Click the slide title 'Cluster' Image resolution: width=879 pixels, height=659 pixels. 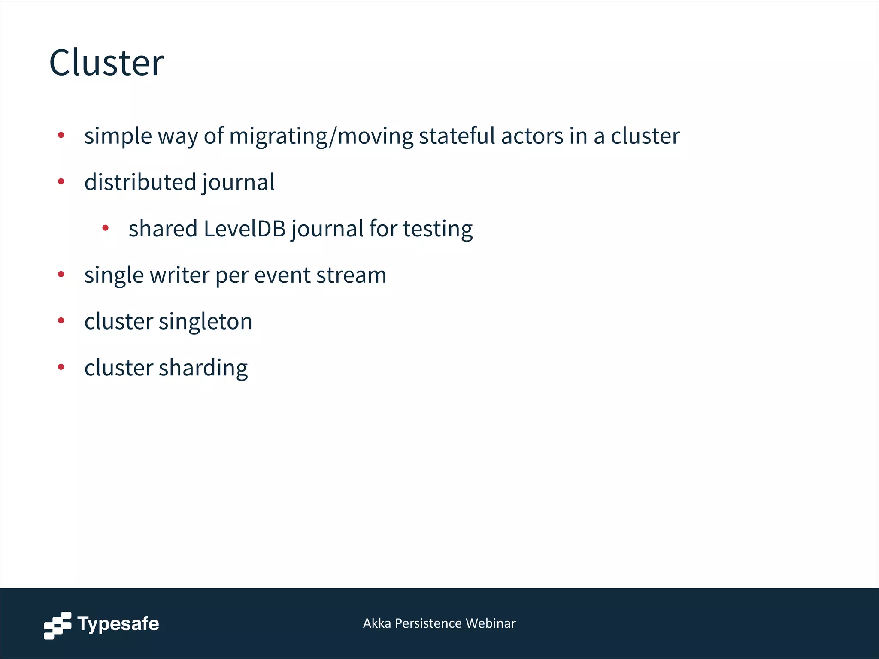(106, 63)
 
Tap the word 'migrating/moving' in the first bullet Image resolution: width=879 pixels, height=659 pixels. (321, 136)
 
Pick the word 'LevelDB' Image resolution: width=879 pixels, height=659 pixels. (245, 228)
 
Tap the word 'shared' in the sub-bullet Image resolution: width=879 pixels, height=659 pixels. (163, 228)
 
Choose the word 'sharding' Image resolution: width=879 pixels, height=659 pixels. (203, 368)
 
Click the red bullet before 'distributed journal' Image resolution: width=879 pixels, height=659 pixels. (61, 181)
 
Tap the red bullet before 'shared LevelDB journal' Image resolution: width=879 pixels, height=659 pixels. (106, 228)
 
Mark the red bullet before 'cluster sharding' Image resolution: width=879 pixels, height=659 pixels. (61, 367)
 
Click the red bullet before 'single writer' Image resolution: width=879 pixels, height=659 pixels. (61, 274)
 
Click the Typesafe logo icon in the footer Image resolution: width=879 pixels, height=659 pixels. (58, 625)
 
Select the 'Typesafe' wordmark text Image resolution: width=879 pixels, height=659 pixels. (118, 624)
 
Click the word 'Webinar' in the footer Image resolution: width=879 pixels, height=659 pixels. (491, 623)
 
